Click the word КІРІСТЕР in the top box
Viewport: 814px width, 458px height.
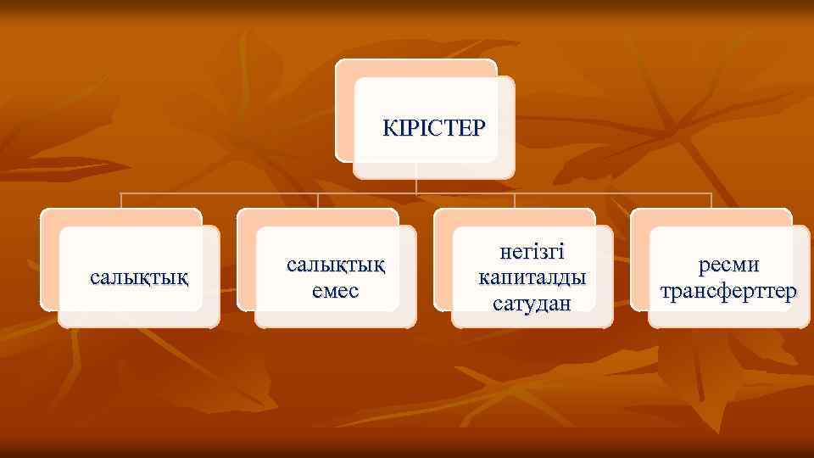(x=434, y=128)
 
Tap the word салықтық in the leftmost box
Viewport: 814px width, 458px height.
(x=139, y=276)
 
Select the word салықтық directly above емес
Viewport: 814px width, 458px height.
(x=336, y=265)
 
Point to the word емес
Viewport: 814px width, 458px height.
(x=336, y=290)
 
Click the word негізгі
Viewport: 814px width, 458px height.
(x=532, y=252)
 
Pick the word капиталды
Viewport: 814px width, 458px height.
(x=532, y=276)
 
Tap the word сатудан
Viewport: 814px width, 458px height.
(x=532, y=301)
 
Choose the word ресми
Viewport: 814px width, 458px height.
(x=728, y=265)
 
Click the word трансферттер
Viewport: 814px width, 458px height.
(x=728, y=292)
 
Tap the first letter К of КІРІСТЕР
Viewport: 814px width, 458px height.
(x=388, y=128)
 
